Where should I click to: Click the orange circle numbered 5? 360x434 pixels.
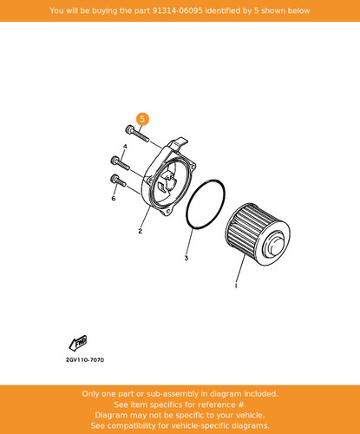pos(142,119)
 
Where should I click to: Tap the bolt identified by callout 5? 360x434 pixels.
pos(137,134)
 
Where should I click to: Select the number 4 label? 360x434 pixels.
pos(125,147)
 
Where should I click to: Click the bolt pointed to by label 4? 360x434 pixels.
pos(120,163)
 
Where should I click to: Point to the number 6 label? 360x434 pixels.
pos(114,198)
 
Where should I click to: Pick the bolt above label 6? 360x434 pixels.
pos(118,180)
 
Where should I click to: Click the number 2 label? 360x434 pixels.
pos(141,231)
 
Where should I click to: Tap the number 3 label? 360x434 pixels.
pos(187,258)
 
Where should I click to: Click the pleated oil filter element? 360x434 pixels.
pos(258,234)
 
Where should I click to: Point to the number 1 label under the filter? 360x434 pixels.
pos(236,286)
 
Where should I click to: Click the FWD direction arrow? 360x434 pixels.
pos(78,343)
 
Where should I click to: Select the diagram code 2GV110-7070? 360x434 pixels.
pos(85,360)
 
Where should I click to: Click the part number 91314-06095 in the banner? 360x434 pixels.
pos(177,10)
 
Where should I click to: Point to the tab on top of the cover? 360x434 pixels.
pos(180,142)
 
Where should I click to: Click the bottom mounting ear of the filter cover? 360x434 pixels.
pos(167,212)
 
